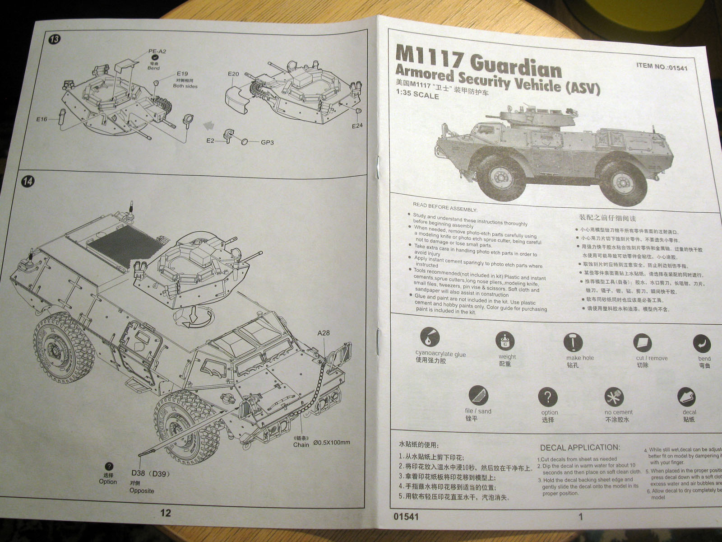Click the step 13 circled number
tap(54, 39)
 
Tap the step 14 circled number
tap(28, 182)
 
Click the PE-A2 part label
tap(157, 51)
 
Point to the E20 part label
tap(233, 74)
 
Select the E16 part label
tap(42, 119)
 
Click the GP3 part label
tap(267, 143)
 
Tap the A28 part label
tap(324, 333)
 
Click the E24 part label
tap(357, 126)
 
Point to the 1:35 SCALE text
tap(417, 96)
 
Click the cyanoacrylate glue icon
tap(429, 336)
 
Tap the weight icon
tap(505, 341)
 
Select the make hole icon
tap(573, 342)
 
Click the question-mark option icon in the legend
tap(547, 397)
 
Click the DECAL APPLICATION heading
tap(580, 448)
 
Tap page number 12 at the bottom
tap(166, 513)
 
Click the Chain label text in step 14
tap(301, 444)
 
